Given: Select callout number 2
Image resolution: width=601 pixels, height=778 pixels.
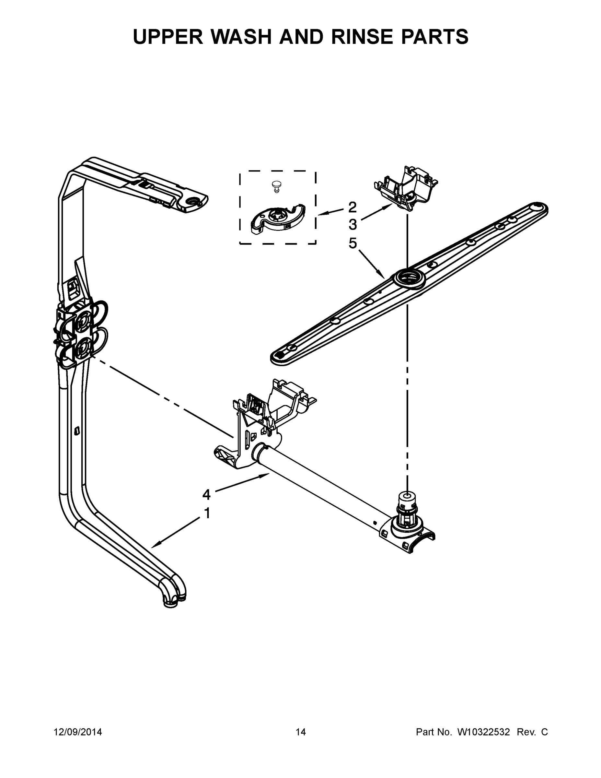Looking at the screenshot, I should [352, 207].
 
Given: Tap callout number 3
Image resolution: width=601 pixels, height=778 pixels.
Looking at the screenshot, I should [353, 225].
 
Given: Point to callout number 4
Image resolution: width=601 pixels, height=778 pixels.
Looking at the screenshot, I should [206, 494].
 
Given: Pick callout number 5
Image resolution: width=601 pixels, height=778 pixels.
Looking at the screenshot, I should [353, 243].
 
